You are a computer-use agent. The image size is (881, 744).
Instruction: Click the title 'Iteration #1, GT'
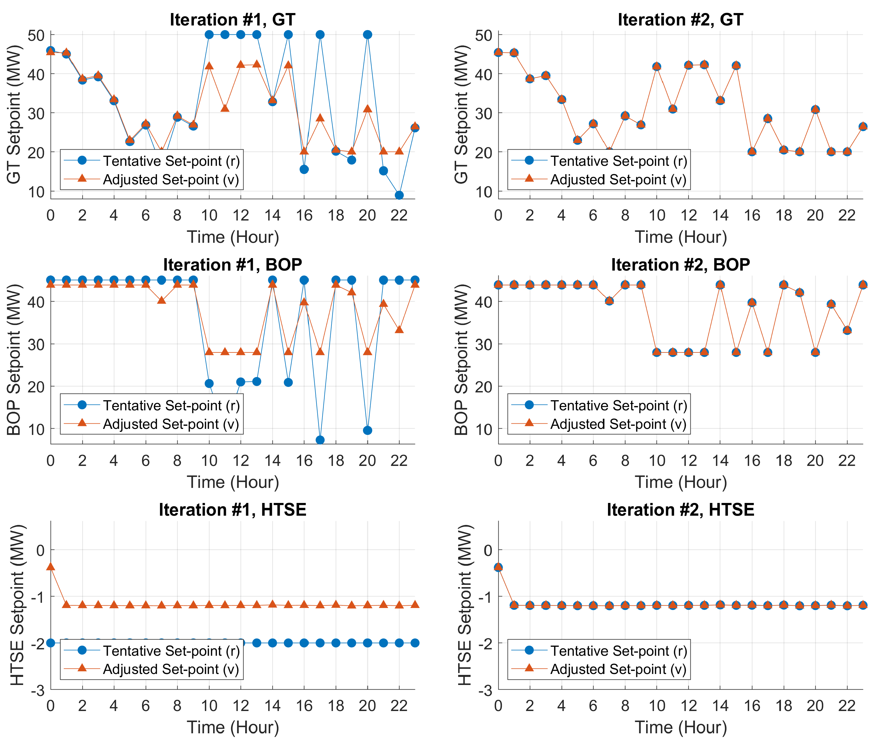pyautogui.click(x=232, y=20)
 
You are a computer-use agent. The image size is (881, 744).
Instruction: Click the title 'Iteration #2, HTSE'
pyautogui.click(x=680, y=510)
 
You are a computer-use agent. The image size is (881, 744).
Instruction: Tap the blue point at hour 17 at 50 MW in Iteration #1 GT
pyautogui.click(x=320, y=35)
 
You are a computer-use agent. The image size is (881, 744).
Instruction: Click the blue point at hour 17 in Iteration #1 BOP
pyautogui.click(x=320, y=440)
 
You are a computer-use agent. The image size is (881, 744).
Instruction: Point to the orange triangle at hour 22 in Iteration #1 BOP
pyautogui.click(x=399, y=329)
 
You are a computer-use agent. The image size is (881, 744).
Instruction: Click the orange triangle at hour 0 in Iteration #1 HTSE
pyautogui.click(x=51, y=566)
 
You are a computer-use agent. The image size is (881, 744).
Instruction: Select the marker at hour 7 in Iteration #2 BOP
pyautogui.click(x=609, y=301)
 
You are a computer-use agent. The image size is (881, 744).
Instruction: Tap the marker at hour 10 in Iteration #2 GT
pyautogui.click(x=656, y=67)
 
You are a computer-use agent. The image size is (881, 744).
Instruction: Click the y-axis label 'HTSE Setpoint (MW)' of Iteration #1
pyautogui.click(x=17, y=605)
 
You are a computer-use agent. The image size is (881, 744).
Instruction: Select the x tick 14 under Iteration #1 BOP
pyautogui.click(x=272, y=461)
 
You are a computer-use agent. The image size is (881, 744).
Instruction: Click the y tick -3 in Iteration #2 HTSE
pyautogui.click(x=485, y=691)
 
